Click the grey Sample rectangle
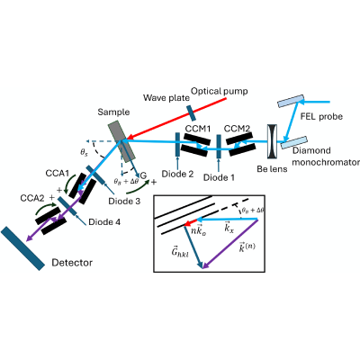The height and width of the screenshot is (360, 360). [121, 142]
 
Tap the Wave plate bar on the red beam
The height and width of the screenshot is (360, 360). [190, 112]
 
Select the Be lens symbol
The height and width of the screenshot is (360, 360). [273, 141]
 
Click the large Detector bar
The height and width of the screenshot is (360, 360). [22, 248]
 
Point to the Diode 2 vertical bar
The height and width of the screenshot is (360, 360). [177, 145]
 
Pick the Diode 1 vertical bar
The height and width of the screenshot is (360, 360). [219, 146]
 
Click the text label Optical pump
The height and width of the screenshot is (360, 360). [220, 91]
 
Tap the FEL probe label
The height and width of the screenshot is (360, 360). [321, 116]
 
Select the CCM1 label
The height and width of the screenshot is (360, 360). [198, 129]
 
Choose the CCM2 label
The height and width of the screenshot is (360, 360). [237, 129]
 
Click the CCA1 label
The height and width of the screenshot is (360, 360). [58, 174]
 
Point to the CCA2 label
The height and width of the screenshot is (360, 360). [32, 198]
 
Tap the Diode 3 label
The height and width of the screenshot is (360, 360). [124, 201]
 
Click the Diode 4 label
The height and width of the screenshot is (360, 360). [104, 222]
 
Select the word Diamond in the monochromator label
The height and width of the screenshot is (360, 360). [308, 150]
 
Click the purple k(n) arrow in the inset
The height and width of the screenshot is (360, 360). [230, 244]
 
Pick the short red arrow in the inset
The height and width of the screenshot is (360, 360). [190, 223]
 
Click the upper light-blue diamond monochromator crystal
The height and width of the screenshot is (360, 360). [291, 101]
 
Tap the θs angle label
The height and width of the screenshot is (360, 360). [85, 152]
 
